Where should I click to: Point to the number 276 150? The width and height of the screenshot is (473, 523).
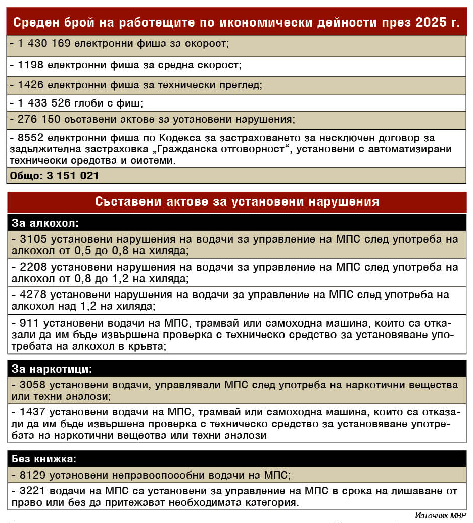point(35,120)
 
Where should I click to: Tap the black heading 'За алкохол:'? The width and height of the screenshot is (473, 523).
point(45,223)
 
